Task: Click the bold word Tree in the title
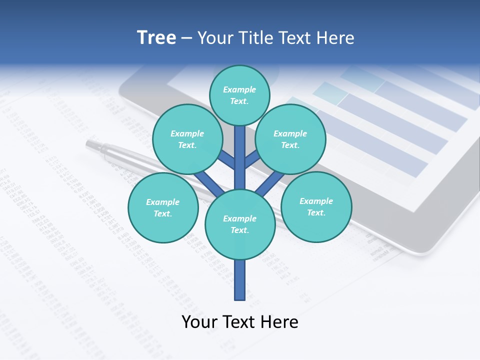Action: click(x=156, y=38)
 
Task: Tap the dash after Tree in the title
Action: click(x=187, y=38)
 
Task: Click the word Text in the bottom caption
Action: click(x=239, y=322)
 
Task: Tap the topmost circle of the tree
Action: click(x=239, y=95)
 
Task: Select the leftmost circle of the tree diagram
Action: click(x=163, y=207)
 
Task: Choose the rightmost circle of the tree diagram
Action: click(x=316, y=206)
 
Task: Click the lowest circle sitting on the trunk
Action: click(x=240, y=224)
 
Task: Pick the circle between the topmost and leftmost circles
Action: click(x=187, y=139)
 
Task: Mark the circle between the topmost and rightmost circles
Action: click(x=290, y=139)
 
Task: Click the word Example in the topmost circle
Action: click(x=239, y=89)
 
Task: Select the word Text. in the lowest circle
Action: click(x=239, y=230)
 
